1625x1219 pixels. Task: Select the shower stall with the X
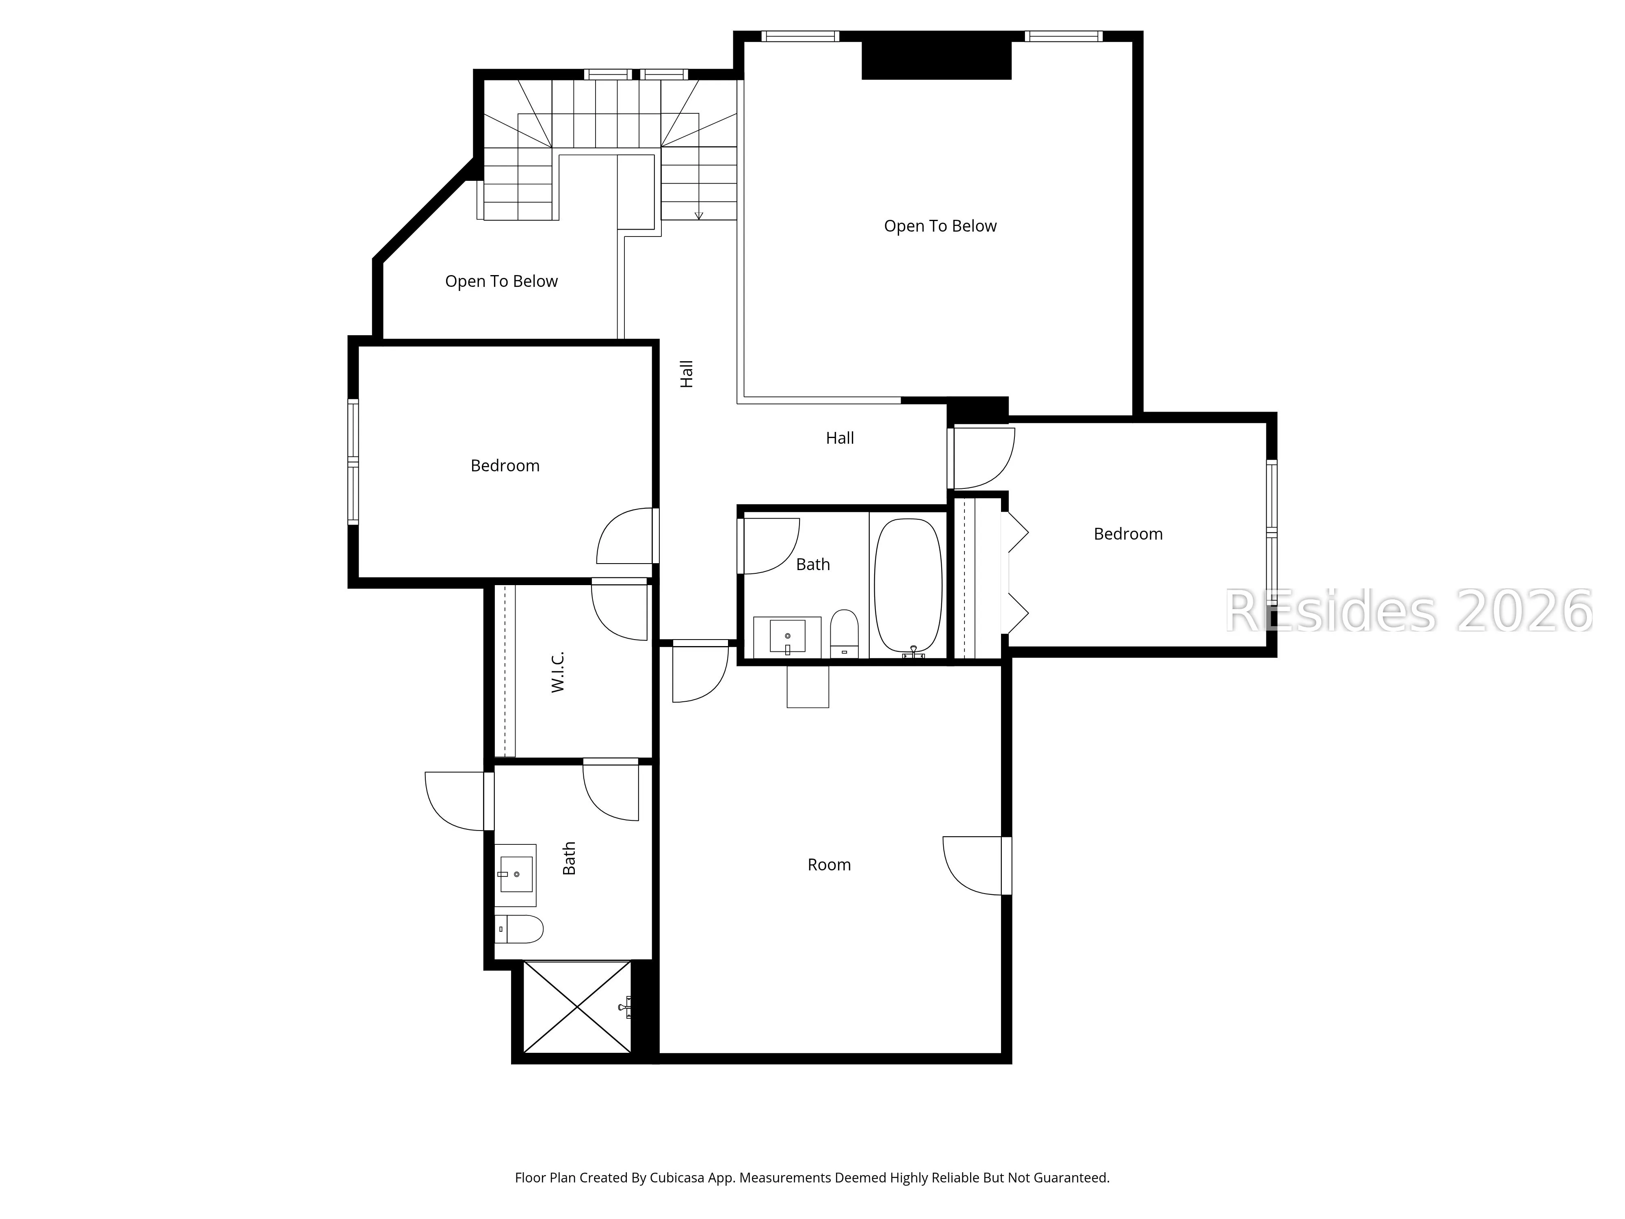[x=577, y=1006]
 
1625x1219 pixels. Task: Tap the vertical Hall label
[x=686, y=374]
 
